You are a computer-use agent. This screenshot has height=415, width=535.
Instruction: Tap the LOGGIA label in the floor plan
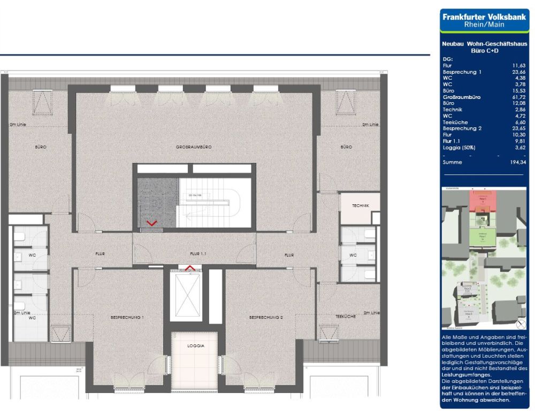(195, 346)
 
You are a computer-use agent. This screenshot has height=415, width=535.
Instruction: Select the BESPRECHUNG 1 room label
(127, 318)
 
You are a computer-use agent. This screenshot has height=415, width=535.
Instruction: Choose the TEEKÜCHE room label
(346, 317)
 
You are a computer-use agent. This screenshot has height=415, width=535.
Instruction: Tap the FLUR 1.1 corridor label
(194, 254)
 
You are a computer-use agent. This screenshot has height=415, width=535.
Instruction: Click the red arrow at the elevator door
(190, 267)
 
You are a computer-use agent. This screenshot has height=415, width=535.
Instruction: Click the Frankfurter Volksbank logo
(484, 20)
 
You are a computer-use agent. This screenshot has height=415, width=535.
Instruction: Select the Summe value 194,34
(517, 162)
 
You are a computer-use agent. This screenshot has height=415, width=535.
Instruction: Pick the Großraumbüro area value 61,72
(517, 97)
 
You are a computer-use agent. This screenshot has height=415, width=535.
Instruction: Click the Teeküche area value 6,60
(518, 122)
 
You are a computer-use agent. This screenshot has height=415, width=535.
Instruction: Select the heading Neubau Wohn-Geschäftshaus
(484, 43)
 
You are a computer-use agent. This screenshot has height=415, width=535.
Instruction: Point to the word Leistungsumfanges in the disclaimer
(462, 374)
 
